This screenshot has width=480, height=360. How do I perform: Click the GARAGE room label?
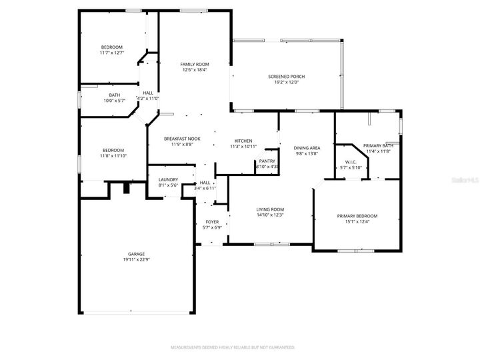(136, 254)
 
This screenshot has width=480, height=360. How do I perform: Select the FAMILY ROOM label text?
(195, 64)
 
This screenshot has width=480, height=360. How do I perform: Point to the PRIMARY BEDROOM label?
(357, 216)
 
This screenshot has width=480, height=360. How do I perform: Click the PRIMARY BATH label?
(378, 145)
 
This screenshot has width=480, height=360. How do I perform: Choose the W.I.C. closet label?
(351, 161)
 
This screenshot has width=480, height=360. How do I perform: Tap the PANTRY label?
(267, 161)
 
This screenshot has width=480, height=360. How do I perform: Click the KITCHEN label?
(243, 141)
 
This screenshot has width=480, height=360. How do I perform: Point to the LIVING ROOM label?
(270, 209)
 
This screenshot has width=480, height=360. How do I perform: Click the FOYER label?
(212, 221)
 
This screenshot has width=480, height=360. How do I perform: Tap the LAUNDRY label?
(167, 180)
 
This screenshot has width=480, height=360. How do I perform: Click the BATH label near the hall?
(115, 95)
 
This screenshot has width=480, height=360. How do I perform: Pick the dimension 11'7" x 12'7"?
(111, 53)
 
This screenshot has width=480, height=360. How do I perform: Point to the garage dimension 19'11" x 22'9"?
(136, 259)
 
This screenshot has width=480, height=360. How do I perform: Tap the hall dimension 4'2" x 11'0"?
(148, 99)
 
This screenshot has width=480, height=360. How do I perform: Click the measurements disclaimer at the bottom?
(233, 347)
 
